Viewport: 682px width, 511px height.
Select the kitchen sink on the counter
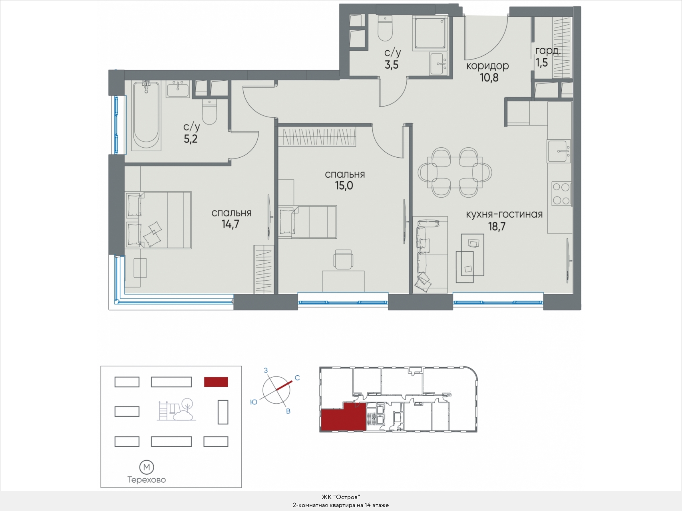coord(559,151)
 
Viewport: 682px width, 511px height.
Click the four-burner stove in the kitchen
coord(561,194)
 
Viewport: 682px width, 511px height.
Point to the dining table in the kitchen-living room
coord(455,172)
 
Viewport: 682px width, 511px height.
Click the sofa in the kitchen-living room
coord(430,255)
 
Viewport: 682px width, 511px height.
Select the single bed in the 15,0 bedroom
coord(308,222)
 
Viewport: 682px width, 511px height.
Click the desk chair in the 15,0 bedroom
coord(344,259)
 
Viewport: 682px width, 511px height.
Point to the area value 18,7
coord(497,227)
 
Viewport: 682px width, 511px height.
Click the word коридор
coord(487,65)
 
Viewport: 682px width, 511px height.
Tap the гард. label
coord(548,51)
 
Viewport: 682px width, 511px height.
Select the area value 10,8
coord(489,77)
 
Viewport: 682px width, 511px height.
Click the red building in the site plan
coord(216,382)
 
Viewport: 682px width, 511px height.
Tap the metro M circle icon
coord(147,467)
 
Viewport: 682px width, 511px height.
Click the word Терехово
coord(147,480)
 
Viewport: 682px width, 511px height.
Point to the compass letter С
coord(297,378)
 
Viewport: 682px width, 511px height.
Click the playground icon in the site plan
coord(176,410)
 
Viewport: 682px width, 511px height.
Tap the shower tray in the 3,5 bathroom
coord(429,32)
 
